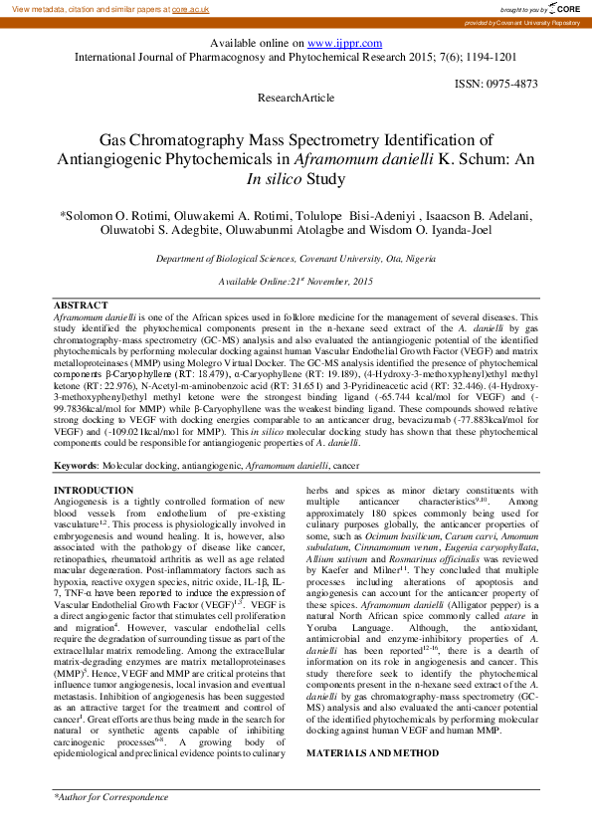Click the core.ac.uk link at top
[x=190, y=8]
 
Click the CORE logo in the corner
[x=565, y=8]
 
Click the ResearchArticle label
[x=296, y=98]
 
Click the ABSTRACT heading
[x=81, y=305]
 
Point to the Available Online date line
[x=296, y=282]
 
